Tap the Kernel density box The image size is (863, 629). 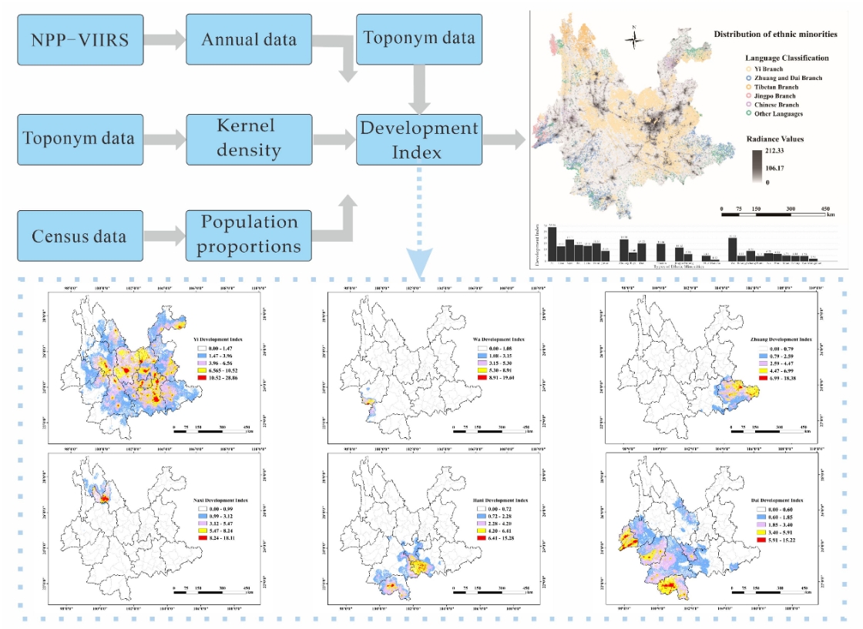[249, 139]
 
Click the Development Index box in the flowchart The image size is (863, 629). [418, 139]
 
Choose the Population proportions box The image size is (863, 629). [249, 234]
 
